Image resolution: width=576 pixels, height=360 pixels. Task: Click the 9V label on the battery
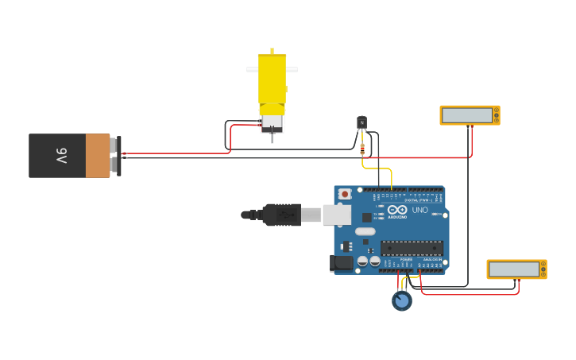(60, 156)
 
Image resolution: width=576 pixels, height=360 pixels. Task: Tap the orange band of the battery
(97, 156)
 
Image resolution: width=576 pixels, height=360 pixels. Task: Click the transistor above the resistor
(361, 122)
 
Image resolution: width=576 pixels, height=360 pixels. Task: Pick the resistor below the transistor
(362, 149)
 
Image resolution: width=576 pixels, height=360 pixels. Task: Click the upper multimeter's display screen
(466, 115)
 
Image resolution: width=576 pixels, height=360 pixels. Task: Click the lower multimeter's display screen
(513, 269)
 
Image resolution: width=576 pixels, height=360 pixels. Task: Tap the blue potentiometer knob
(402, 301)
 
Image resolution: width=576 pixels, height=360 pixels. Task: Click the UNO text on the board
(419, 210)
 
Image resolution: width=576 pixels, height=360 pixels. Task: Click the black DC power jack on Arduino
(342, 262)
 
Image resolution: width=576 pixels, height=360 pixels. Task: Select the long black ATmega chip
(412, 248)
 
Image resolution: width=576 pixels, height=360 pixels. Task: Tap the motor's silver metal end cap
(272, 122)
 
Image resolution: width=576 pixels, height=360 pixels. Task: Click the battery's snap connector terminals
(117, 156)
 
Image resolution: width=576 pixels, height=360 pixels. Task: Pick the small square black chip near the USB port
(366, 217)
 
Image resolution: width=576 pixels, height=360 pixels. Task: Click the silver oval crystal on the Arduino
(365, 232)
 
